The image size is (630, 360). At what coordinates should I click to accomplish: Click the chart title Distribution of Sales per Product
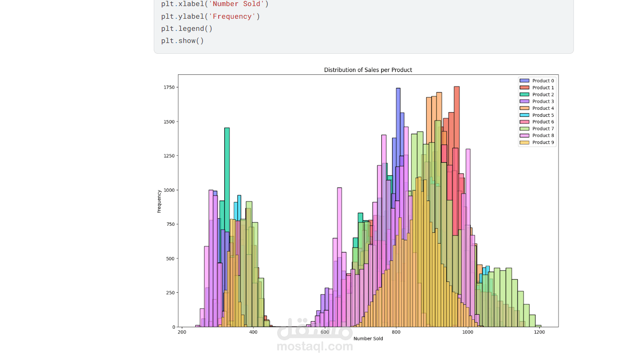pyautogui.click(x=368, y=70)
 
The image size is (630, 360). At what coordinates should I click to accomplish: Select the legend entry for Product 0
pyautogui.click(x=543, y=81)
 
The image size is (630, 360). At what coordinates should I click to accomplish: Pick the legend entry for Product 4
pyautogui.click(x=543, y=108)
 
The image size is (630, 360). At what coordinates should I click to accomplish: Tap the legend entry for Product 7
pyautogui.click(x=543, y=129)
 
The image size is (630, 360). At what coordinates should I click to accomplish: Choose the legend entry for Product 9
pyautogui.click(x=543, y=143)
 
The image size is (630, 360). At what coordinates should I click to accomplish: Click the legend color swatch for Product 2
pyautogui.click(x=524, y=95)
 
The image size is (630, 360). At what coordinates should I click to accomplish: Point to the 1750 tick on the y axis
pyautogui.click(x=169, y=87)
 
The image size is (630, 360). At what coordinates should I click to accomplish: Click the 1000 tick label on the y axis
pyautogui.click(x=169, y=190)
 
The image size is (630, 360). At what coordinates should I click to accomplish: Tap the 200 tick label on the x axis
pyautogui.click(x=182, y=332)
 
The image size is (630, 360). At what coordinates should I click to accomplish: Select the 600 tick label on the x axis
pyautogui.click(x=325, y=332)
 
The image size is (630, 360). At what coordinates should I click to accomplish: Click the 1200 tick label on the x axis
pyautogui.click(x=539, y=332)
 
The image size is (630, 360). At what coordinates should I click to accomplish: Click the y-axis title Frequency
pyautogui.click(x=159, y=202)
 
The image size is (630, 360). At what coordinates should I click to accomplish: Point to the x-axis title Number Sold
pyautogui.click(x=368, y=338)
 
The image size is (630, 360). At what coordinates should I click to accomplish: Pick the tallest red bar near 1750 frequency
pyautogui.click(x=457, y=140)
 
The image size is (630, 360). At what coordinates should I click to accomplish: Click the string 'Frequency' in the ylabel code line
pyautogui.click(x=232, y=16)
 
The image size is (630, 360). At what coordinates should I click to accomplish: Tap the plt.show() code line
pyautogui.click(x=182, y=41)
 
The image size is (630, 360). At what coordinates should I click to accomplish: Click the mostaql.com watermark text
pyautogui.click(x=315, y=347)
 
